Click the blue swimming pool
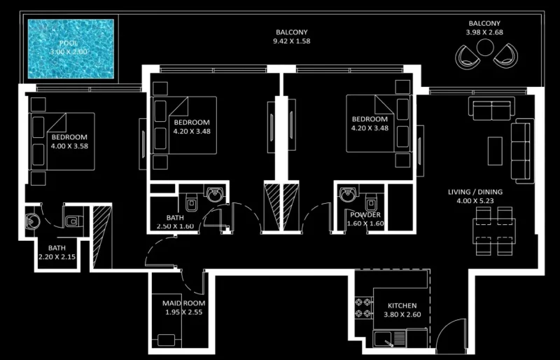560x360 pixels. (x=70, y=48)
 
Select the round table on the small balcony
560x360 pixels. (x=484, y=47)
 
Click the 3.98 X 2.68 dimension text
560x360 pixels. (x=484, y=32)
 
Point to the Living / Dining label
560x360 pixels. (x=475, y=192)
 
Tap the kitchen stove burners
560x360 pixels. (x=364, y=306)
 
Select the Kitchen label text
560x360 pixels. (x=402, y=306)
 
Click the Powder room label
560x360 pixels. (x=365, y=215)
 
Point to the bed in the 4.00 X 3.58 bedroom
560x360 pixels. (x=63, y=141)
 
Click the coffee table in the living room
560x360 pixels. (x=495, y=150)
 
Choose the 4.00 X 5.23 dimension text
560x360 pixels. (x=475, y=201)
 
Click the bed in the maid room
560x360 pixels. (x=167, y=341)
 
